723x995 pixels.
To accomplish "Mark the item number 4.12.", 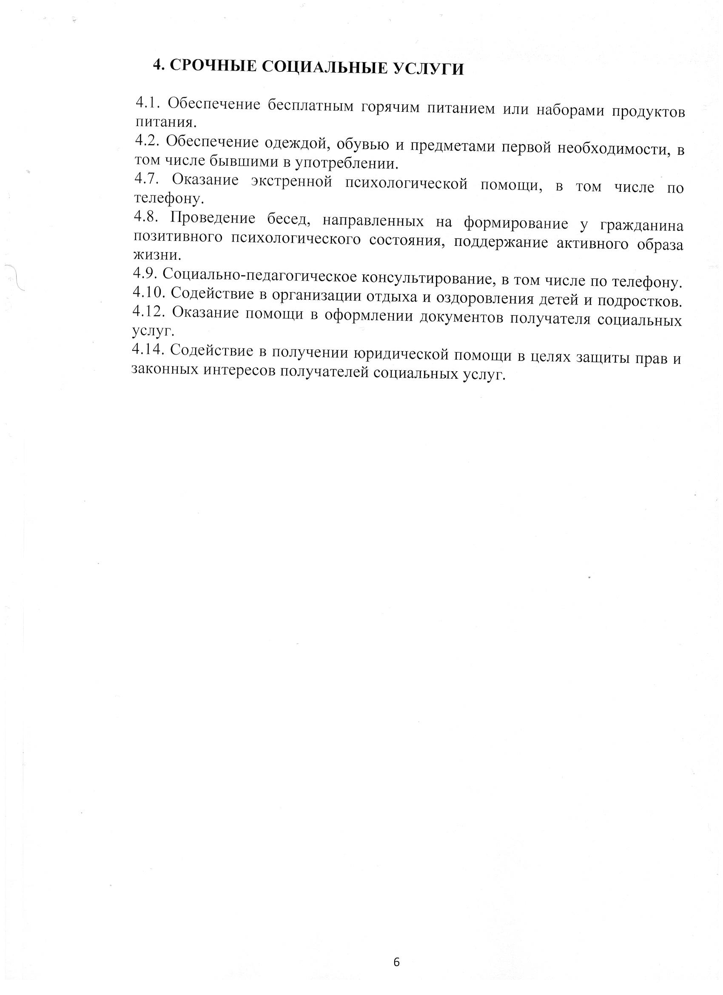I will point(149,312).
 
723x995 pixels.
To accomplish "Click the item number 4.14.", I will point(148,350).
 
